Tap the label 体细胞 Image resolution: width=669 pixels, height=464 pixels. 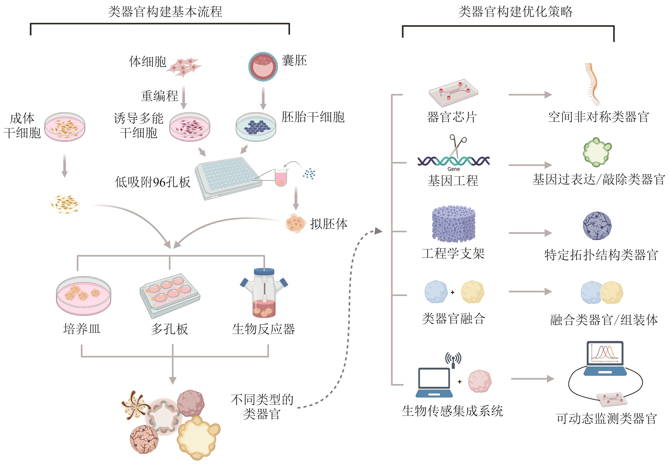click(148, 62)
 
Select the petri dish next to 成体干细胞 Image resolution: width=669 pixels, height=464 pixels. click(64, 127)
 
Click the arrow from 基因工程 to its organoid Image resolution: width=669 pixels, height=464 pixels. click(530, 165)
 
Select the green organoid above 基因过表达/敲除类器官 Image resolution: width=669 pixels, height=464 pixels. click(597, 152)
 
